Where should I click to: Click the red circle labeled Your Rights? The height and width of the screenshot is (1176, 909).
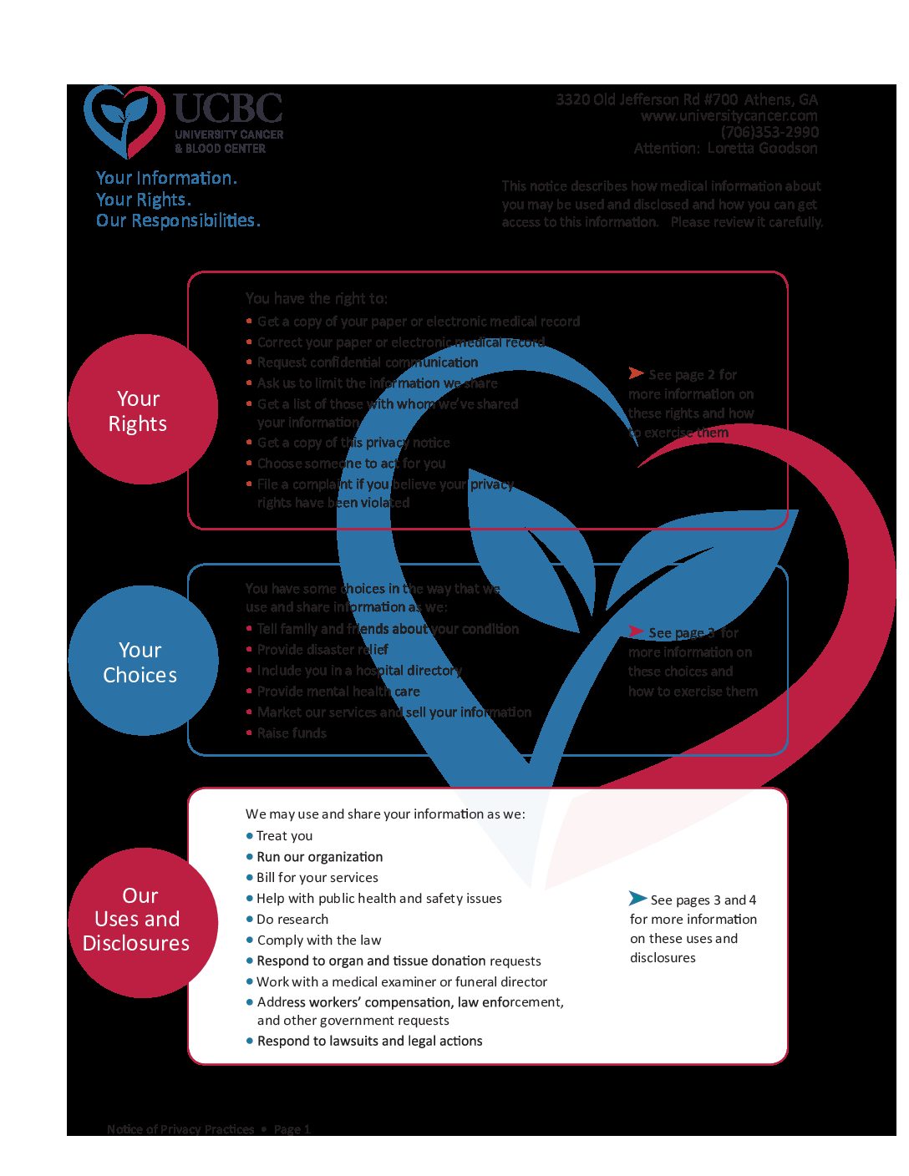pyautogui.click(x=142, y=409)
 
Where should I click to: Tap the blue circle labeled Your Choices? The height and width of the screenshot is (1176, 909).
pyautogui.click(x=142, y=661)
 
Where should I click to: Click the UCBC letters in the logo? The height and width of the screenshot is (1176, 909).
pyautogui.click(x=228, y=109)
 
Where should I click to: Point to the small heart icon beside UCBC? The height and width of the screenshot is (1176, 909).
pyautogui.click(x=124, y=119)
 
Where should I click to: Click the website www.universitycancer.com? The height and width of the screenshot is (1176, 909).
pyautogui.click(x=729, y=116)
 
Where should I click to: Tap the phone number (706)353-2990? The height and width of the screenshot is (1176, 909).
pyautogui.click(x=769, y=132)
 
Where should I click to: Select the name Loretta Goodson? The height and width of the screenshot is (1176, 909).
pyautogui.click(x=762, y=148)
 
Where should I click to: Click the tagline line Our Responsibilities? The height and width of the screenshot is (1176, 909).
pyautogui.click(x=178, y=220)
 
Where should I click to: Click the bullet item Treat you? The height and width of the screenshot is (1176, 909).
pyautogui.click(x=284, y=835)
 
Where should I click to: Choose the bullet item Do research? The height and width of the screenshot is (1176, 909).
pyautogui.click(x=292, y=919)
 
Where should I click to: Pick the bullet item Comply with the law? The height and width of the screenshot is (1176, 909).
pyautogui.click(x=318, y=940)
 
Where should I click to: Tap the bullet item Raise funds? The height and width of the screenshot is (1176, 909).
pyautogui.click(x=291, y=732)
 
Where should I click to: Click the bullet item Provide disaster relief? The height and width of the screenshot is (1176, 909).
pyautogui.click(x=322, y=649)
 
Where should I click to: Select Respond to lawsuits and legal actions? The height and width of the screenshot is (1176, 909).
pyautogui.click(x=369, y=1041)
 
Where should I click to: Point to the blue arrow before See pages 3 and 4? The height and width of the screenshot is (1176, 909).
pyautogui.click(x=637, y=898)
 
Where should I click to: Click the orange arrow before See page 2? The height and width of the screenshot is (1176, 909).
pyautogui.click(x=637, y=373)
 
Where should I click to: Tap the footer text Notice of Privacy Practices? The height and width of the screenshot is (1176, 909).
pyautogui.click(x=180, y=1129)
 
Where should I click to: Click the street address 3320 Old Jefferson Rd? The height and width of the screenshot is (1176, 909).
pyautogui.click(x=647, y=99)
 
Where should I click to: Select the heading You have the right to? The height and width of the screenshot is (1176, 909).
pyautogui.click(x=316, y=298)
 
